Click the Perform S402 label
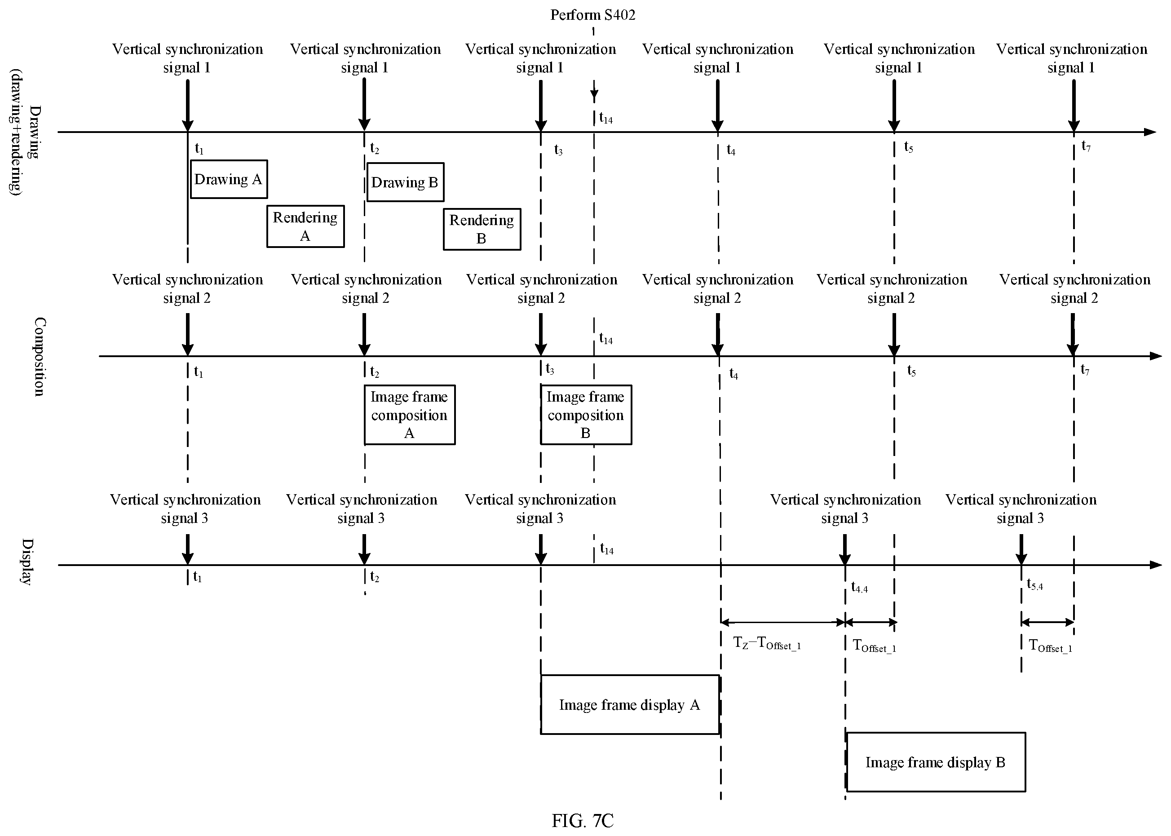click(x=593, y=15)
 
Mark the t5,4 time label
click(x=1034, y=585)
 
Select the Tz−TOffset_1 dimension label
click(x=766, y=643)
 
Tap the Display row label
click(x=27, y=562)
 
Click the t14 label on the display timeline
click(x=606, y=549)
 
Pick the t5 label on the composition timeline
click(x=911, y=371)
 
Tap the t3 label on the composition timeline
click(x=550, y=369)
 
